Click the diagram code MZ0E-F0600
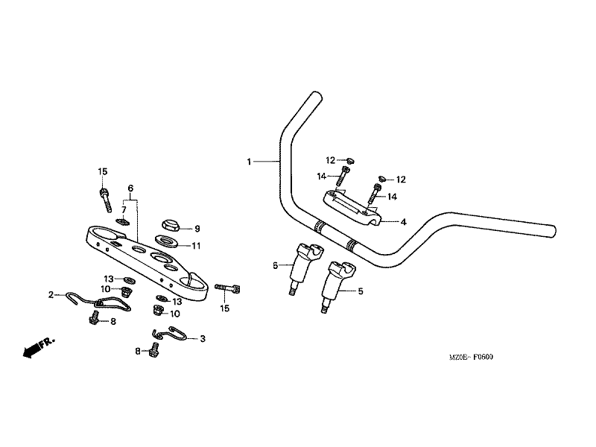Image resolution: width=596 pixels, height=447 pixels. click(x=471, y=357)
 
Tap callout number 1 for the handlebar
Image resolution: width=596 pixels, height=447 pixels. click(x=249, y=162)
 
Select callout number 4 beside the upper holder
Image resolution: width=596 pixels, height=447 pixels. click(x=403, y=222)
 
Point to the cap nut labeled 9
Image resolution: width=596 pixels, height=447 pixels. click(x=171, y=225)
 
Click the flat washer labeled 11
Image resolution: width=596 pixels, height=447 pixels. click(x=167, y=241)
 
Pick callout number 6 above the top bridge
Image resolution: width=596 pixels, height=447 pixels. click(x=130, y=188)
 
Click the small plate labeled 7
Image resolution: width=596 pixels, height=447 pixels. click(x=122, y=221)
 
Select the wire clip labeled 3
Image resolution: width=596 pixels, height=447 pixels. click(x=170, y=333)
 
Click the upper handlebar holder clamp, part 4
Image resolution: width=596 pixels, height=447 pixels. click(x=352, y=209)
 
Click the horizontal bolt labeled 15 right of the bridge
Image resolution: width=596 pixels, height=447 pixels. click(x=228, y=289)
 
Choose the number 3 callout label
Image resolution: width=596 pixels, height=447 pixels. click(x=203, y=338)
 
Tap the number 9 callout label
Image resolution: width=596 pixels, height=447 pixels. click(x=197, y=229)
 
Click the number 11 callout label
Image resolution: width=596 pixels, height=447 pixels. click(x=196, y=246)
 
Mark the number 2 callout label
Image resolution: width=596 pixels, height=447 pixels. click(x=51, y=294)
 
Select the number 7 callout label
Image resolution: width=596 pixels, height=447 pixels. click(x=124, y=210)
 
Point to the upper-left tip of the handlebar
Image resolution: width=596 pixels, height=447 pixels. click(x=315, y=95)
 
